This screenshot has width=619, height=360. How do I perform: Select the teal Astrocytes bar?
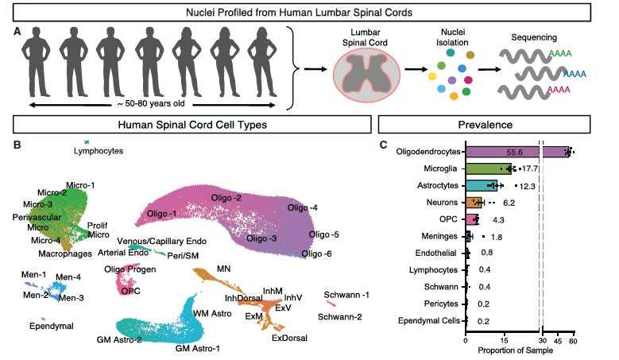[482, 185]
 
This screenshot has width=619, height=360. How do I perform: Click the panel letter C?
[384, 145]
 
